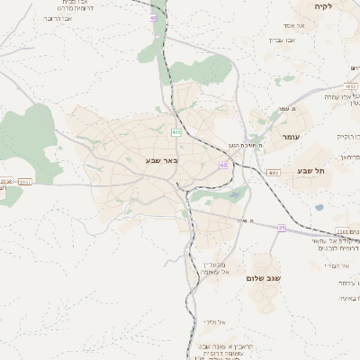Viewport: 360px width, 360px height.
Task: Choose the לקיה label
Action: pos(323,6)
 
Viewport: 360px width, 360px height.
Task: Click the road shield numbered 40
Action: pos(153,18)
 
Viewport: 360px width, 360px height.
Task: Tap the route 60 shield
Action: pos(222,165)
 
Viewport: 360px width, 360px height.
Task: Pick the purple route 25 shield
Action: pos(281,228)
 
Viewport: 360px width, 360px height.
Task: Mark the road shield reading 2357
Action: pos(24,182)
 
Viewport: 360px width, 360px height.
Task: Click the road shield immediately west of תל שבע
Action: pos(274,171)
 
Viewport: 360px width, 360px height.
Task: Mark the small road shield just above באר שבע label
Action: pos(175,132)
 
